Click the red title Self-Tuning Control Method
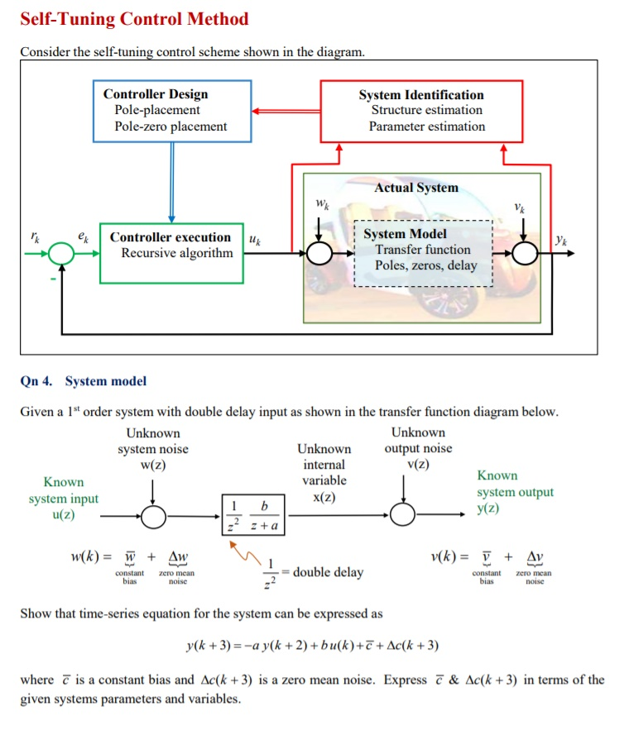coord(134,19)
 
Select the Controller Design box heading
coord(156,94)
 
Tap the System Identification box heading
coord(421,95)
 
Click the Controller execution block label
coord(170,237)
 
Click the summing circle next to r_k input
coord(62,253)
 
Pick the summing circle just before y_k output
coord(525,253)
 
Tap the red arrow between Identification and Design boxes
coord(286,110)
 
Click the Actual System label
coord(415,188)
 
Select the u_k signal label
coord(254,240)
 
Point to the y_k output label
coord(562,241)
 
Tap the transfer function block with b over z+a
coord(253,515)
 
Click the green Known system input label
coord(63,499)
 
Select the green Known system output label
coord(515,492)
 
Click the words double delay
coord(328,572)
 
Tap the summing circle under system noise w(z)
coord(152,516)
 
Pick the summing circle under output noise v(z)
coord(403,515)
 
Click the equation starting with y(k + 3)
coord(313,645)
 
